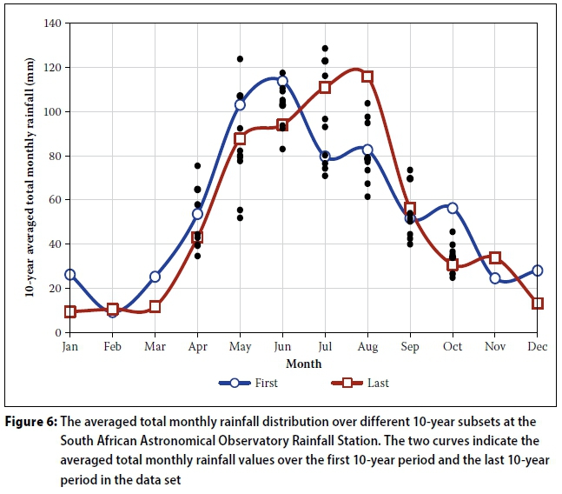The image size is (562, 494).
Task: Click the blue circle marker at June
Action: click(x=282, y=81)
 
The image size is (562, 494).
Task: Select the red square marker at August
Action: click(x=367, y=77)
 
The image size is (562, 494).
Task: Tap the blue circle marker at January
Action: click(x=70, y=275)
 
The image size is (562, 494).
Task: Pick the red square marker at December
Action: click(x=538, y=304)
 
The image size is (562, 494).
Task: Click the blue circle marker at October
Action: click(x=453, y=208)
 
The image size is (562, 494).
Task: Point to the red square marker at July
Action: click(x=325, y=87)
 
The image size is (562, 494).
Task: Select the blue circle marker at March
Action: click(x=155, y=277)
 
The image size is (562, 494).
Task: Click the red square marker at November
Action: click(x=495, y=257)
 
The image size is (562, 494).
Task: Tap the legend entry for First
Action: click(x=251, y=383)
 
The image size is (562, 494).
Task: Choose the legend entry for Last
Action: click(x=360, y=383)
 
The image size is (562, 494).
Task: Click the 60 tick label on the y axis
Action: click(x=53, y=200)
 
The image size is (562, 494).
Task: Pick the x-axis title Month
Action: click(x=303, y=364)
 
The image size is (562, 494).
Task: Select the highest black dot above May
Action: click(x=240, y=59)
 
